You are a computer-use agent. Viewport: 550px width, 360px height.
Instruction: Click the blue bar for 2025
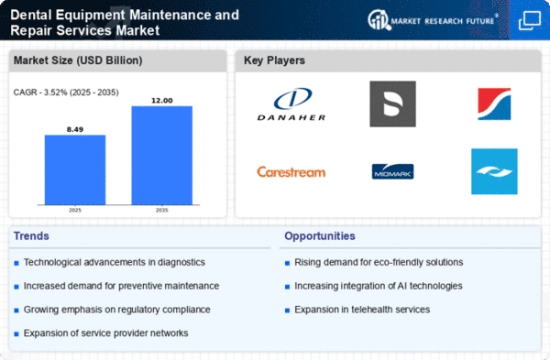75,169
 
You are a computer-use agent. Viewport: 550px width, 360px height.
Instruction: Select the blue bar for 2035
161,156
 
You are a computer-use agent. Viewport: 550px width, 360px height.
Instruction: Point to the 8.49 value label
75,129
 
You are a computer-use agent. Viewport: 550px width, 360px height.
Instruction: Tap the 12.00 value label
161,101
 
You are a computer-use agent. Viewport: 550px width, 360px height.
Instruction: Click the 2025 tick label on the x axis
75,210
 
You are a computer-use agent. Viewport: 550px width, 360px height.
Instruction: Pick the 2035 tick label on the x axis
161,210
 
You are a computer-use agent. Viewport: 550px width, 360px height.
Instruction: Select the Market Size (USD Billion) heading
78,60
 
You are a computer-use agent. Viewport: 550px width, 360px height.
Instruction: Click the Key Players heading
274,60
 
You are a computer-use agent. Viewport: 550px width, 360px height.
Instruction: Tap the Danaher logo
291,104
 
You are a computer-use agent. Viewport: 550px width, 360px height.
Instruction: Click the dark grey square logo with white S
393,104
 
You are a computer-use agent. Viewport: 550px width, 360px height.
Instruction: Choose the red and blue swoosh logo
494,104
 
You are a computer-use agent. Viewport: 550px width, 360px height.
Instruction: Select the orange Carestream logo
291,172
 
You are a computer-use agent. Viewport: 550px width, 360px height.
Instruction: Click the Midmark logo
393,171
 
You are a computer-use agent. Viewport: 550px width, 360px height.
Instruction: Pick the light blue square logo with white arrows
494,171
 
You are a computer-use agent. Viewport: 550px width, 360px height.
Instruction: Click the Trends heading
31,236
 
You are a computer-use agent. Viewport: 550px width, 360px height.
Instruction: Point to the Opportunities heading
320,236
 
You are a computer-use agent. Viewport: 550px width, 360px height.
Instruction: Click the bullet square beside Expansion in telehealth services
287,311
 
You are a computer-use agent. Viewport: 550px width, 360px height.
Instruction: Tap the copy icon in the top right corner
530,20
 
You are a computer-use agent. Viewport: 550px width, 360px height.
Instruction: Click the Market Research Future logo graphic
379,20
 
